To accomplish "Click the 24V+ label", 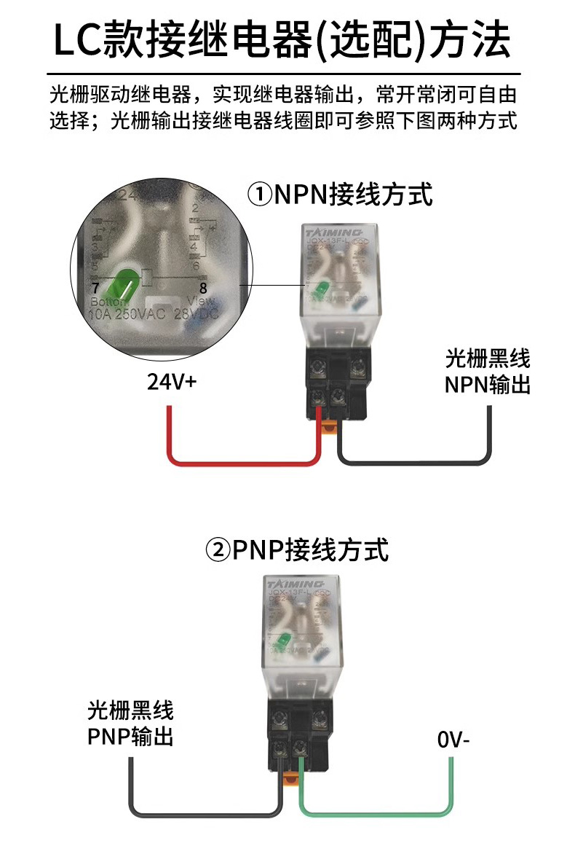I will click(172, 381).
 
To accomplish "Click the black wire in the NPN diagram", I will click(415, 461).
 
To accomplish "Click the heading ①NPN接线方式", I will click(340, 195).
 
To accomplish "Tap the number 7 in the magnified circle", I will click(95, 287).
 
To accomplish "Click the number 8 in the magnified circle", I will click(202, 288).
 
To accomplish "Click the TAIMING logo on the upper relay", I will click(325, 227).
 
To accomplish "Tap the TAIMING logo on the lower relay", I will click(295, 584).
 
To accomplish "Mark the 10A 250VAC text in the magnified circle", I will click(127, 315).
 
